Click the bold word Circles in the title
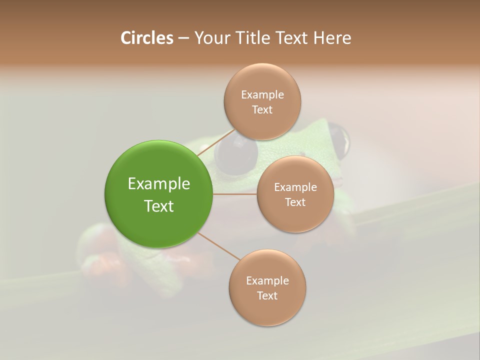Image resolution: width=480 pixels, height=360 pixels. click(146, 38)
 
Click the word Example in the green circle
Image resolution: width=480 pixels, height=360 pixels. click(159, 184)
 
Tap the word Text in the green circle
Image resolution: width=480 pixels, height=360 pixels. click(159, 206)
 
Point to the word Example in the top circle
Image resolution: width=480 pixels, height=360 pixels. click(262, 95)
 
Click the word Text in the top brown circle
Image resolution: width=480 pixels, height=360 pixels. click(262, 110)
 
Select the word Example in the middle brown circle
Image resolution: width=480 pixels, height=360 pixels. click(295, 187)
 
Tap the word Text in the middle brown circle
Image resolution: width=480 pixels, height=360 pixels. click(295, 202)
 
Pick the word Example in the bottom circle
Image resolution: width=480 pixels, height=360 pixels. click(267, 281)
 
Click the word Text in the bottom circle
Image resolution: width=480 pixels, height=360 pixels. click(267, 296)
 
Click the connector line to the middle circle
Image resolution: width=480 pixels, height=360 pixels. click(235, 194)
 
